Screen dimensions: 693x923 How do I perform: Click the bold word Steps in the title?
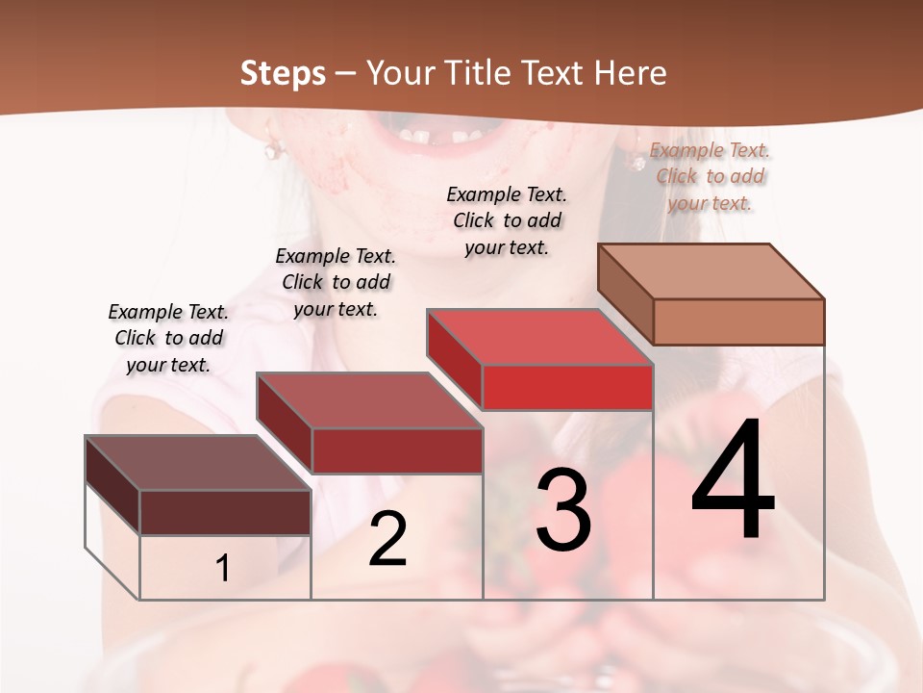283,73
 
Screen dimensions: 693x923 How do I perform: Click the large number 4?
733,481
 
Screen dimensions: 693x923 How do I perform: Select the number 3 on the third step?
562,510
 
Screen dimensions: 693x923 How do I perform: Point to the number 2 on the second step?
387,539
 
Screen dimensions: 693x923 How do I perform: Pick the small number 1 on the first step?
223,569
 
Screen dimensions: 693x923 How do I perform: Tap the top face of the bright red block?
539,338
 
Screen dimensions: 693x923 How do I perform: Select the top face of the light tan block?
711,271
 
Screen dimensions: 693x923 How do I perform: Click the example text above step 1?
168,338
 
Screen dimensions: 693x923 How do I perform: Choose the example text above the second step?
336,282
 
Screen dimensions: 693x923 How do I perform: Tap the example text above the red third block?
507,220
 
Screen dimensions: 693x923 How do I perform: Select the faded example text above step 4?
710,176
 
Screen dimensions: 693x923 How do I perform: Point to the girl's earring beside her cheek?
273,149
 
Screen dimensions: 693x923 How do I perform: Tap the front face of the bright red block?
567,387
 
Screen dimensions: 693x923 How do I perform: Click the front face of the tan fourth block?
738,321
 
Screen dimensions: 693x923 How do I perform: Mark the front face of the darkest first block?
225,512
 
